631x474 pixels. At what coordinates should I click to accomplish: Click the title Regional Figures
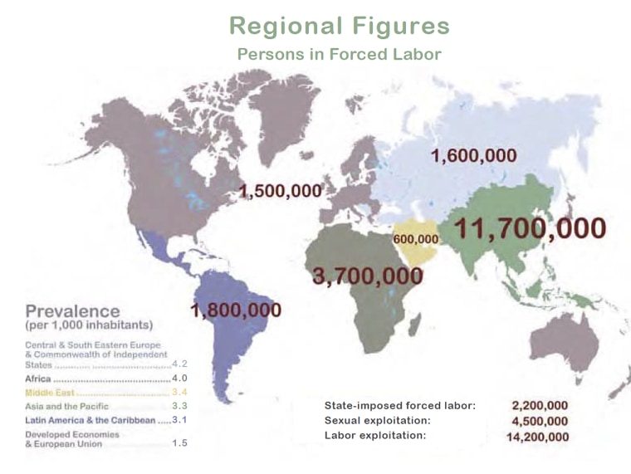[x=339, y=26]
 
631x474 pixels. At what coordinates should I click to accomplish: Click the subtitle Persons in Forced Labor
[x=339, y=55]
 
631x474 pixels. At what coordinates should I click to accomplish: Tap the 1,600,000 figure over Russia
[x=474, y=155]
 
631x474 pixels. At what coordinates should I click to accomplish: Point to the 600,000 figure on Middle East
[x=416, y=239]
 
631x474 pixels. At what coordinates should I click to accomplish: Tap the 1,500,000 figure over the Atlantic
[x=280, y=190]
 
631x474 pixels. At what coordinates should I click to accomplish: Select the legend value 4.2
[x=179, y=364]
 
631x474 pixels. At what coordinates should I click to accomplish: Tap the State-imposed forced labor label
[x=399, y=406]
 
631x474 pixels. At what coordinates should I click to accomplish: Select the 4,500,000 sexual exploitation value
[x=541, y=421]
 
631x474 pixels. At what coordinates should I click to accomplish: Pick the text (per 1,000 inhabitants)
[x=89, y=326]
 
